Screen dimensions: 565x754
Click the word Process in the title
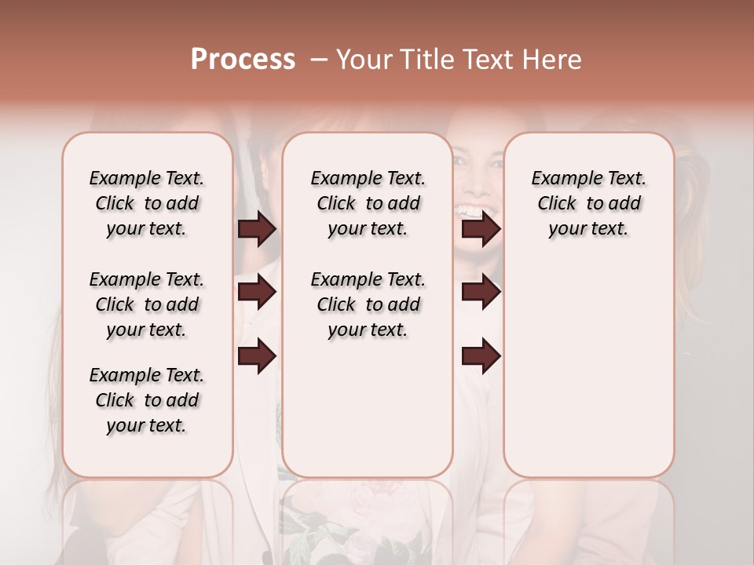243,60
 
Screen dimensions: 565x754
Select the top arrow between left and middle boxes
257,229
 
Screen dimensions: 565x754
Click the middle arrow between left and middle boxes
257,293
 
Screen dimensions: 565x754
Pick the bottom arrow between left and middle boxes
257,356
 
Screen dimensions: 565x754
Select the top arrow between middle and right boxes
481,229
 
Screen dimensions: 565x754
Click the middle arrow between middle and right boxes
481,293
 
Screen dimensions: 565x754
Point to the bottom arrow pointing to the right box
481,356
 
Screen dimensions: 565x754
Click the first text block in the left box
147,203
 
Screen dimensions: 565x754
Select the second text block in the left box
147,304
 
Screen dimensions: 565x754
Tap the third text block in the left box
147,400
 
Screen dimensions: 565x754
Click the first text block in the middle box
368,203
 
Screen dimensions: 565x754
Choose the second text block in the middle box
368,304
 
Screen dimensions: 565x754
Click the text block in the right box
588,203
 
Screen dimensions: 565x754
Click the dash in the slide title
318,60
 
